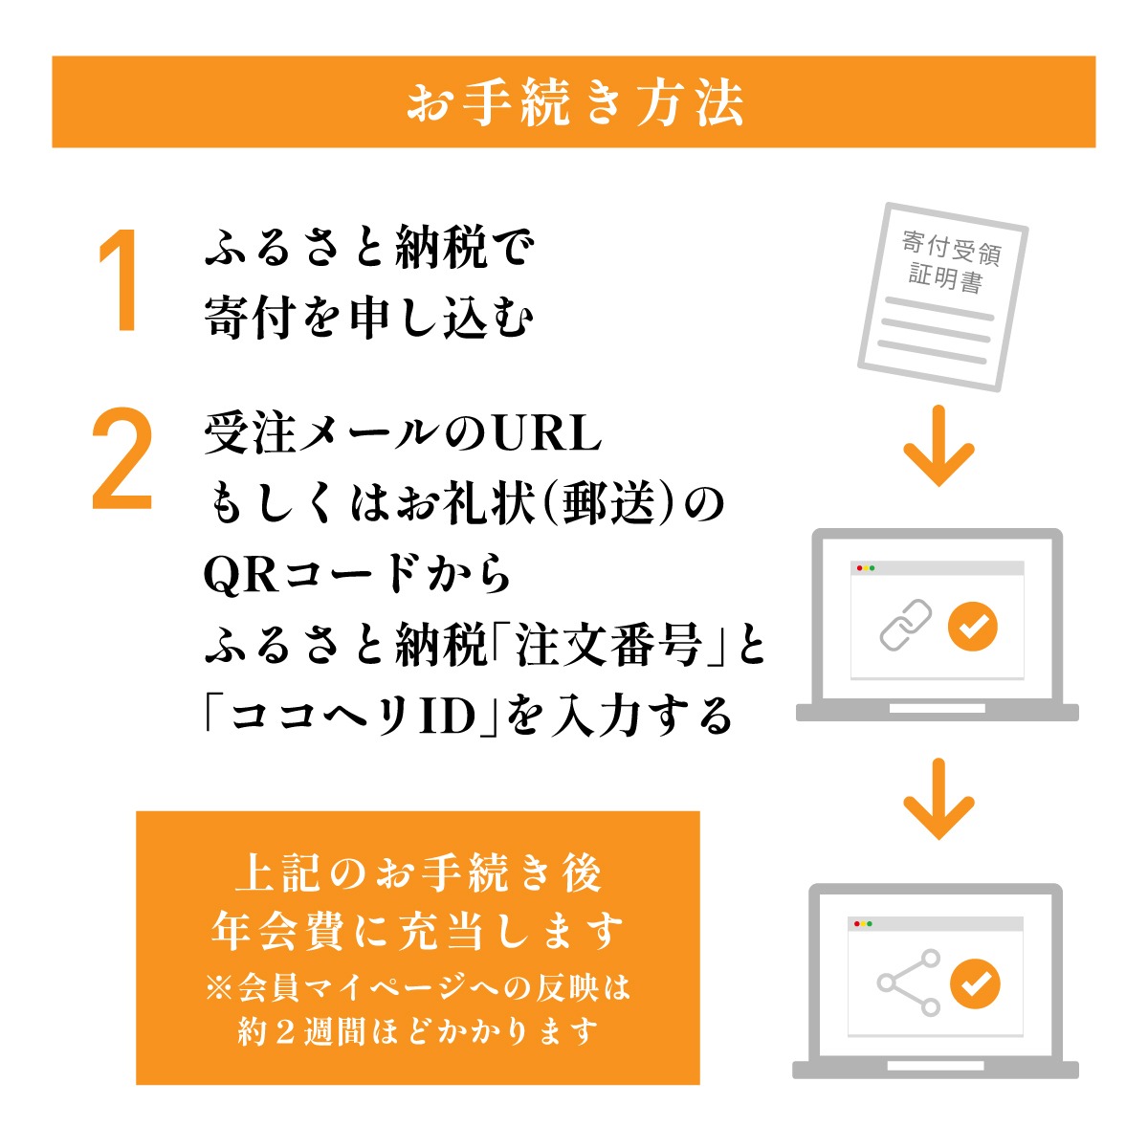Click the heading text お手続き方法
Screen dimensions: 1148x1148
pyautogui.click(x=574, y=102)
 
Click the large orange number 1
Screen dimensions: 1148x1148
pyautogui.click(x=121, y=282)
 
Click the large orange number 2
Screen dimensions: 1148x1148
pyautogui.click(x=122, y=459)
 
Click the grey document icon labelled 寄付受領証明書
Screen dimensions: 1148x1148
pyautogui.click(x=942, y=295)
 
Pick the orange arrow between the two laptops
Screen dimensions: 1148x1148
pyautogui.click(x=938, y=800)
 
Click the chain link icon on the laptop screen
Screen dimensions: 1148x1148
pyautogui.click(x=905, y=627)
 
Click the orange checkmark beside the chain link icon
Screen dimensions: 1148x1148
pyautogui.click(x=972, y=627)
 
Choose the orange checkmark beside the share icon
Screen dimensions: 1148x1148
pyautogui.click(x=975, y=983)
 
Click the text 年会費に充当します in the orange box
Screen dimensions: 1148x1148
pyautogui.click(x=417, y=932)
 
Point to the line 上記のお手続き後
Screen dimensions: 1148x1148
pyautogui.click(x=417, y=873)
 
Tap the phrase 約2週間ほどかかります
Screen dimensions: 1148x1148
pyautogui.click(x=417, y=1033)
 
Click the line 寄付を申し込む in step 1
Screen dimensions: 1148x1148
pyautogui.click(x=368, y=318)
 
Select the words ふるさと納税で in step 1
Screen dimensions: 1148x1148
pyautogui.click(x=368, y=249)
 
